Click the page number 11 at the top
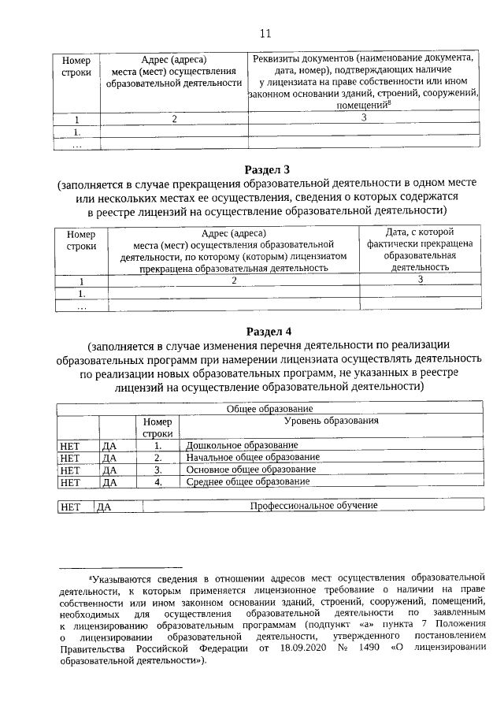[x=265, y=32]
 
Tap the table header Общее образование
[x=270, y=409]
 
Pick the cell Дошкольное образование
[x=231, y=446]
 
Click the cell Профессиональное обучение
[x=313, y=506]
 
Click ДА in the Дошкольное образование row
[x=109, y=446]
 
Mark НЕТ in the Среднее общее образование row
[x=70, y=481]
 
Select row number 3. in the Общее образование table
[x=157, y=470]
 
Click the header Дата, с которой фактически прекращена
[x=421, y=238]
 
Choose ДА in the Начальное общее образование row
[x=109, y=458]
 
